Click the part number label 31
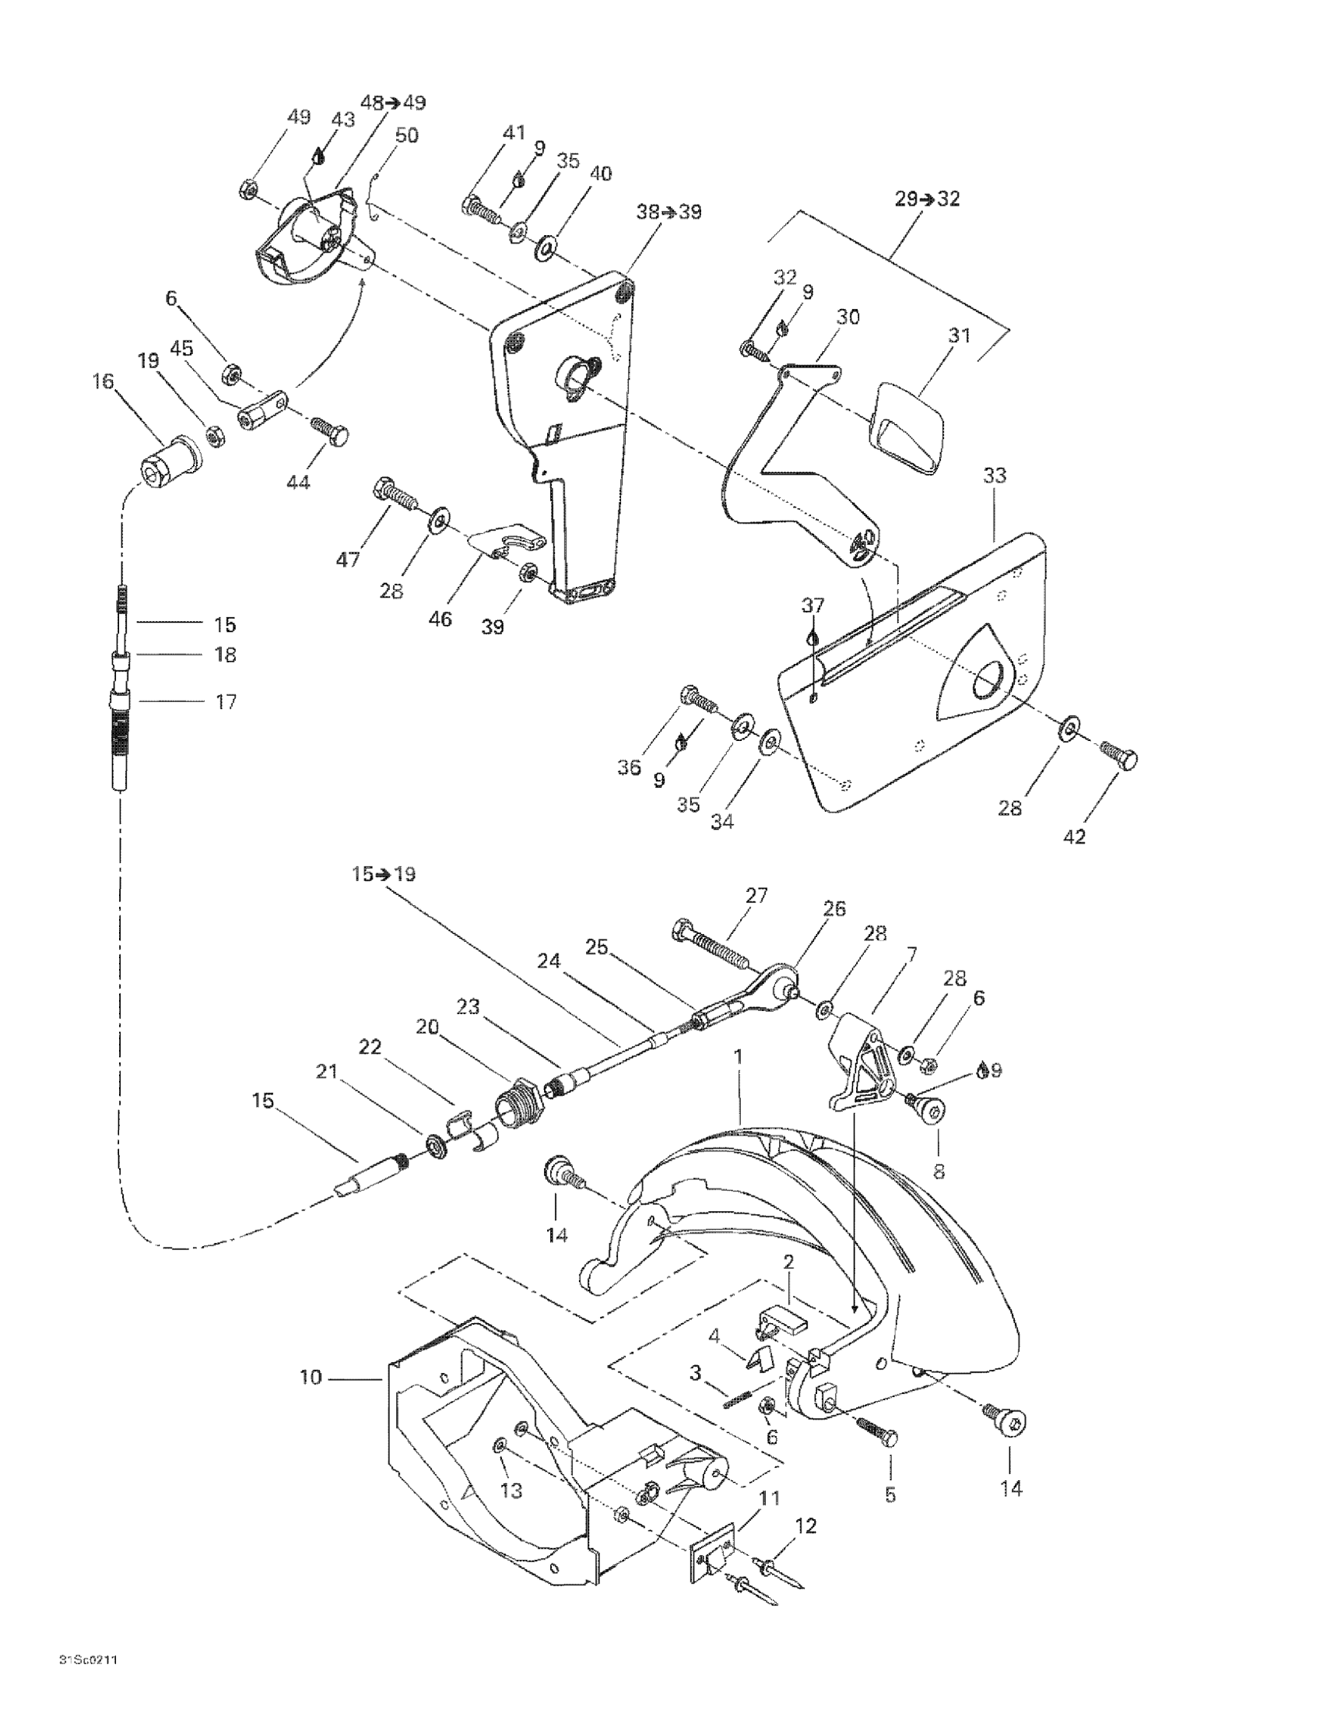[x=959, y=335]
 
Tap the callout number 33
[x=995, y=476]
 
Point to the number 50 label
[x=406, y=135]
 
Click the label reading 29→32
[x=928, y=199]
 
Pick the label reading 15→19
[x=384, y=874]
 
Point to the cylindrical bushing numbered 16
[x=168, y=461]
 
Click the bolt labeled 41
[x=482, y=208]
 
